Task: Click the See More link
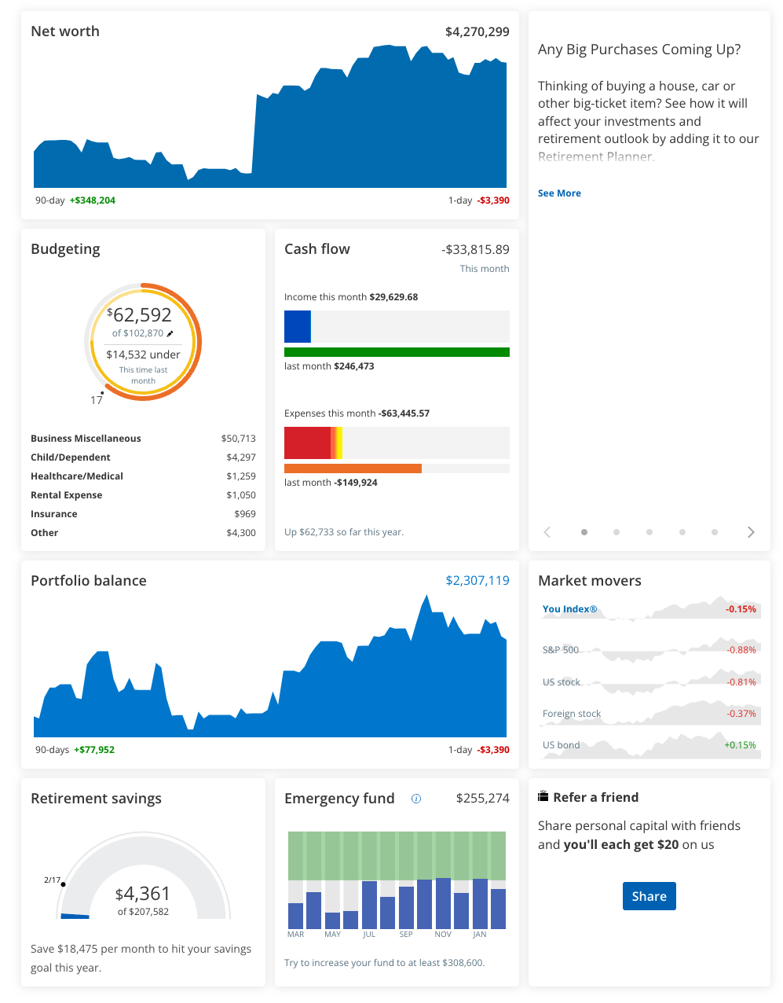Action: click(x=559, y=193)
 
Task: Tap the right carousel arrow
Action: click(x=751, y=532)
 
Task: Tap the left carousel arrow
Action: click(x=547, y=532)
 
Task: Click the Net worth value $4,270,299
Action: click(x=477, y=32)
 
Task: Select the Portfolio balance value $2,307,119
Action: click(x=477, y=581)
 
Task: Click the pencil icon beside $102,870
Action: click(x=170, y=334)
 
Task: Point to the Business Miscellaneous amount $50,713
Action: click(x=238, y=439)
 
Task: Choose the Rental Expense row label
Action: click(x=67, y=495)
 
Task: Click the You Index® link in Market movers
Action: click(x=569, y=609)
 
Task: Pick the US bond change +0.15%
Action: click(x=740, y=745)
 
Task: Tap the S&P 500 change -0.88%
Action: click(x=741, y=650)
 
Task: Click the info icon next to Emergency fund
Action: click(x=416, y=799)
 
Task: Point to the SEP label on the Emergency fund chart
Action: click(x=406, y=935)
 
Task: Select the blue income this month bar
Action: click(x=298, y=327)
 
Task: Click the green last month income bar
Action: click(x=397, y=352)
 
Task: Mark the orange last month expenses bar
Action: click(x=353, y=468)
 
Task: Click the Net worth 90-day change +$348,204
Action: click(x=93, y=200)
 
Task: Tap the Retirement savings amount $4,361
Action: click(x=143, y=894)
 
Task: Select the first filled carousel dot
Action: click(x=584, y=532)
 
